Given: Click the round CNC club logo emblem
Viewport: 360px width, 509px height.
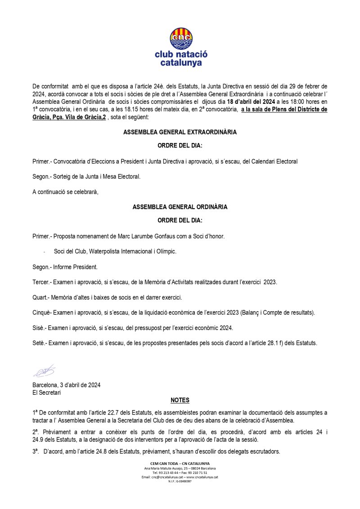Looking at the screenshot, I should click(180, 38).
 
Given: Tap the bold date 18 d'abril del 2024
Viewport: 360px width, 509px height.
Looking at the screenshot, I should click(251, 102).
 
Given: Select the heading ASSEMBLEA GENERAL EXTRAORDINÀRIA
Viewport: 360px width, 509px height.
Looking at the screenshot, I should click(180, 133).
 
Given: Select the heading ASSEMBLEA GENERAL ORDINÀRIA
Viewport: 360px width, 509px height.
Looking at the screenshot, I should click(180, 207).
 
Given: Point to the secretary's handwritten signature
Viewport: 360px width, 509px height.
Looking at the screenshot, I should click(44, 371).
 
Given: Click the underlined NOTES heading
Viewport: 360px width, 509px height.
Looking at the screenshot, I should click(180, 400).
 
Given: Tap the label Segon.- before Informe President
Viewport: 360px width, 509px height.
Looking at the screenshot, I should click(41, 267).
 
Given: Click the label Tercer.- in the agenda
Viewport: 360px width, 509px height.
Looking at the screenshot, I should click(42, 282).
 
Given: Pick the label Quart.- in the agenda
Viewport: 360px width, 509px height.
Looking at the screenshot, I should click(41, 297).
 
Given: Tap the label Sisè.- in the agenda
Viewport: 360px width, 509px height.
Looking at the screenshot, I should click(40, 328).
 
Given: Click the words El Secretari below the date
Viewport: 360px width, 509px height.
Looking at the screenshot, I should click(47, 392).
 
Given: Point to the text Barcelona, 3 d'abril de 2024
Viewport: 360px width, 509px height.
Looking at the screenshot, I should click(67, 385).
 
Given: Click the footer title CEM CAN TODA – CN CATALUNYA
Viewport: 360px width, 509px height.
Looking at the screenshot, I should click(180, 464).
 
